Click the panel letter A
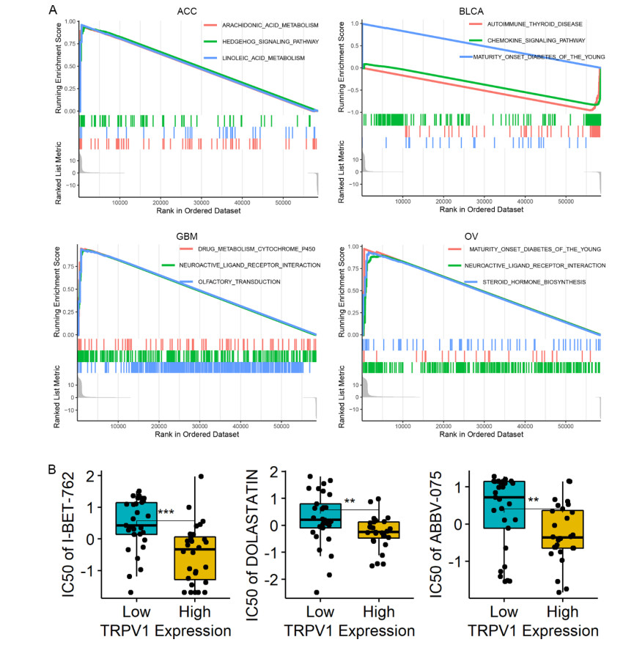(52, 10)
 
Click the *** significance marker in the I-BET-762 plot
(166, 510)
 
